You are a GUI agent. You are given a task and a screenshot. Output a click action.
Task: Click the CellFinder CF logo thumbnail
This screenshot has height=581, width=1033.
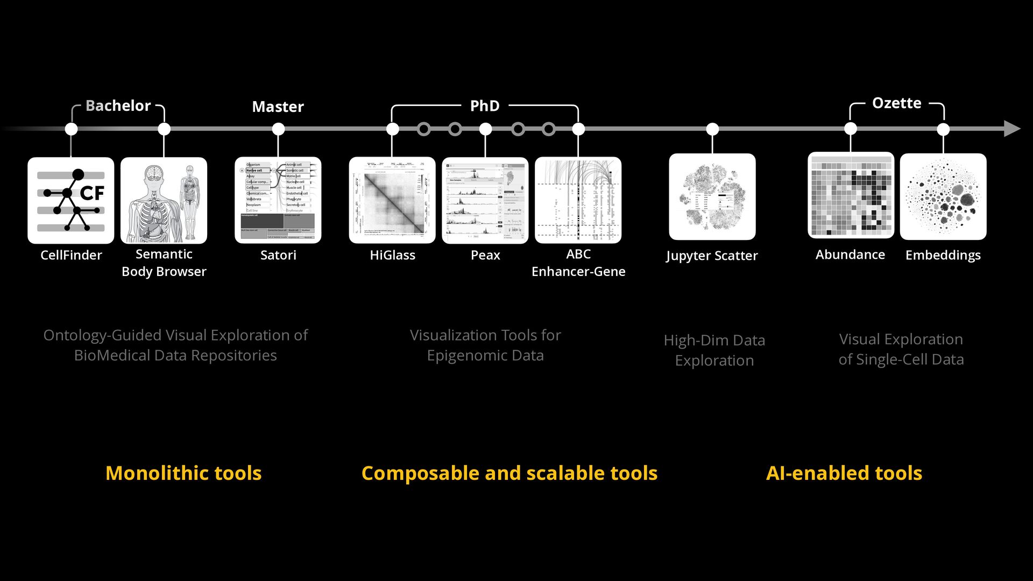(x=70, y=200)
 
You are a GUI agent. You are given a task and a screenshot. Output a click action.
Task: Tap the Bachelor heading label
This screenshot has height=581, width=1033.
(x=118, y=105)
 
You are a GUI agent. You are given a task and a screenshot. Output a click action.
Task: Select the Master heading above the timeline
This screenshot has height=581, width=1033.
(x=278, y=107)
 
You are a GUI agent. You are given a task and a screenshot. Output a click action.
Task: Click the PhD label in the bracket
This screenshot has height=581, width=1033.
(x=485, y=106)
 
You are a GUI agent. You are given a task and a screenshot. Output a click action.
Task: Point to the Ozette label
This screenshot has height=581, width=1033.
(x=896, y=103)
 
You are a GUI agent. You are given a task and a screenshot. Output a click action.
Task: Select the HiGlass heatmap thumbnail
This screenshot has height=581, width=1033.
(x=392, y=200)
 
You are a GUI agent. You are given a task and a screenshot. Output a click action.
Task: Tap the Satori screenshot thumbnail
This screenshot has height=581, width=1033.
(x=278, y=200)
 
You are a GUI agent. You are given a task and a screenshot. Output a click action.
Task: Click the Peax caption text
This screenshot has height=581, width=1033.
(x=485, y=255)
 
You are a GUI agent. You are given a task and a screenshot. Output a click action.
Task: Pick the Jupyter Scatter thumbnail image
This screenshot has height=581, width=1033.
(x=712, y=197)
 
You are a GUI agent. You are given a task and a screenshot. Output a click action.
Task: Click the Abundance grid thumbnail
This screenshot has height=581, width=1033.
(x=851, y=196)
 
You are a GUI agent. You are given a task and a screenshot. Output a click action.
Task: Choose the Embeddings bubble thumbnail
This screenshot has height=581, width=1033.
(x=943, y=197)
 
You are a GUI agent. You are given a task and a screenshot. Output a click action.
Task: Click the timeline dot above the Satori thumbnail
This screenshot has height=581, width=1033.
(x=278, y=129)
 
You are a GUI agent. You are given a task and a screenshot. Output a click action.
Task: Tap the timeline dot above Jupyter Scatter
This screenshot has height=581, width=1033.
(x=712, y=129)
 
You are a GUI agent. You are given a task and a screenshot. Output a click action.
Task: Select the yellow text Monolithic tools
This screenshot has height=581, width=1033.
(x=183, y=473)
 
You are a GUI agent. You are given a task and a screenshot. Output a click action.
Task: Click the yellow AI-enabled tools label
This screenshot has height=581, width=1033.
(x=844, y=473)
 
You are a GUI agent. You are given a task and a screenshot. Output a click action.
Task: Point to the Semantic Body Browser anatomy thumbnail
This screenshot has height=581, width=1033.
(x=164, y=200)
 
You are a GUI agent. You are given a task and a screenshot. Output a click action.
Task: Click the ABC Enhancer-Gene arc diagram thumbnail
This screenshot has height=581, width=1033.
(x=578, y=200)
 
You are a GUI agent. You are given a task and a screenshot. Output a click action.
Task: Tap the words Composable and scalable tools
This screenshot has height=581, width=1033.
(x=509, y=473)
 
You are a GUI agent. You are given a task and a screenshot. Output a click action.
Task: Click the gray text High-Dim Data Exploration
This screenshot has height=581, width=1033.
(x=714, y=350)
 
